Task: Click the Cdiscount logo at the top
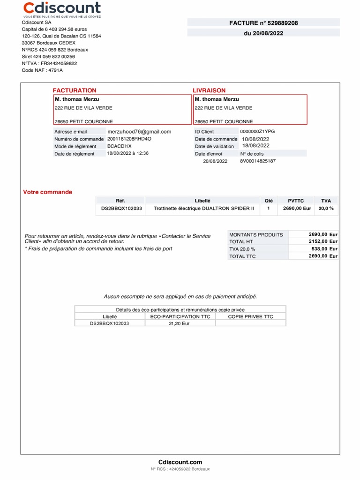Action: click(62, 9)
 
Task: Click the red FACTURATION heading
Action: click(75, 90)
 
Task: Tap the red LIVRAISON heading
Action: click(209, 90)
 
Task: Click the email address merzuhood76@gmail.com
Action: click(139, 132)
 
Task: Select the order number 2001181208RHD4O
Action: click(129, 139)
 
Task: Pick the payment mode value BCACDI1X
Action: click(120, 146)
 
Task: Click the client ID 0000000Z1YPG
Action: click(257, 132)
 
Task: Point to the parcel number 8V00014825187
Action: click(258, 161)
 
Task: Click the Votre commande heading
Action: click(48, 192)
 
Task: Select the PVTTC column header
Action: click(296, 201)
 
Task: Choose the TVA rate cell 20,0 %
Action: click(326, 209)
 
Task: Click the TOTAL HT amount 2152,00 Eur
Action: click(323, 241)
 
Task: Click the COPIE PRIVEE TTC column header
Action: click(250, 316)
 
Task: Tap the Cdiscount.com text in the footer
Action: click(180, 462)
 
